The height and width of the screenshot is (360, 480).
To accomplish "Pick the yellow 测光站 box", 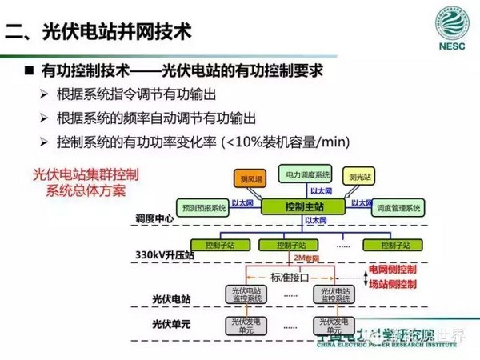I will tap(358, 175).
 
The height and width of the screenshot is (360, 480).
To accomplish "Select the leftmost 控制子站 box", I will tap(215, 244).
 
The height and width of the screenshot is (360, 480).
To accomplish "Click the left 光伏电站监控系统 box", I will tap(245, 295).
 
